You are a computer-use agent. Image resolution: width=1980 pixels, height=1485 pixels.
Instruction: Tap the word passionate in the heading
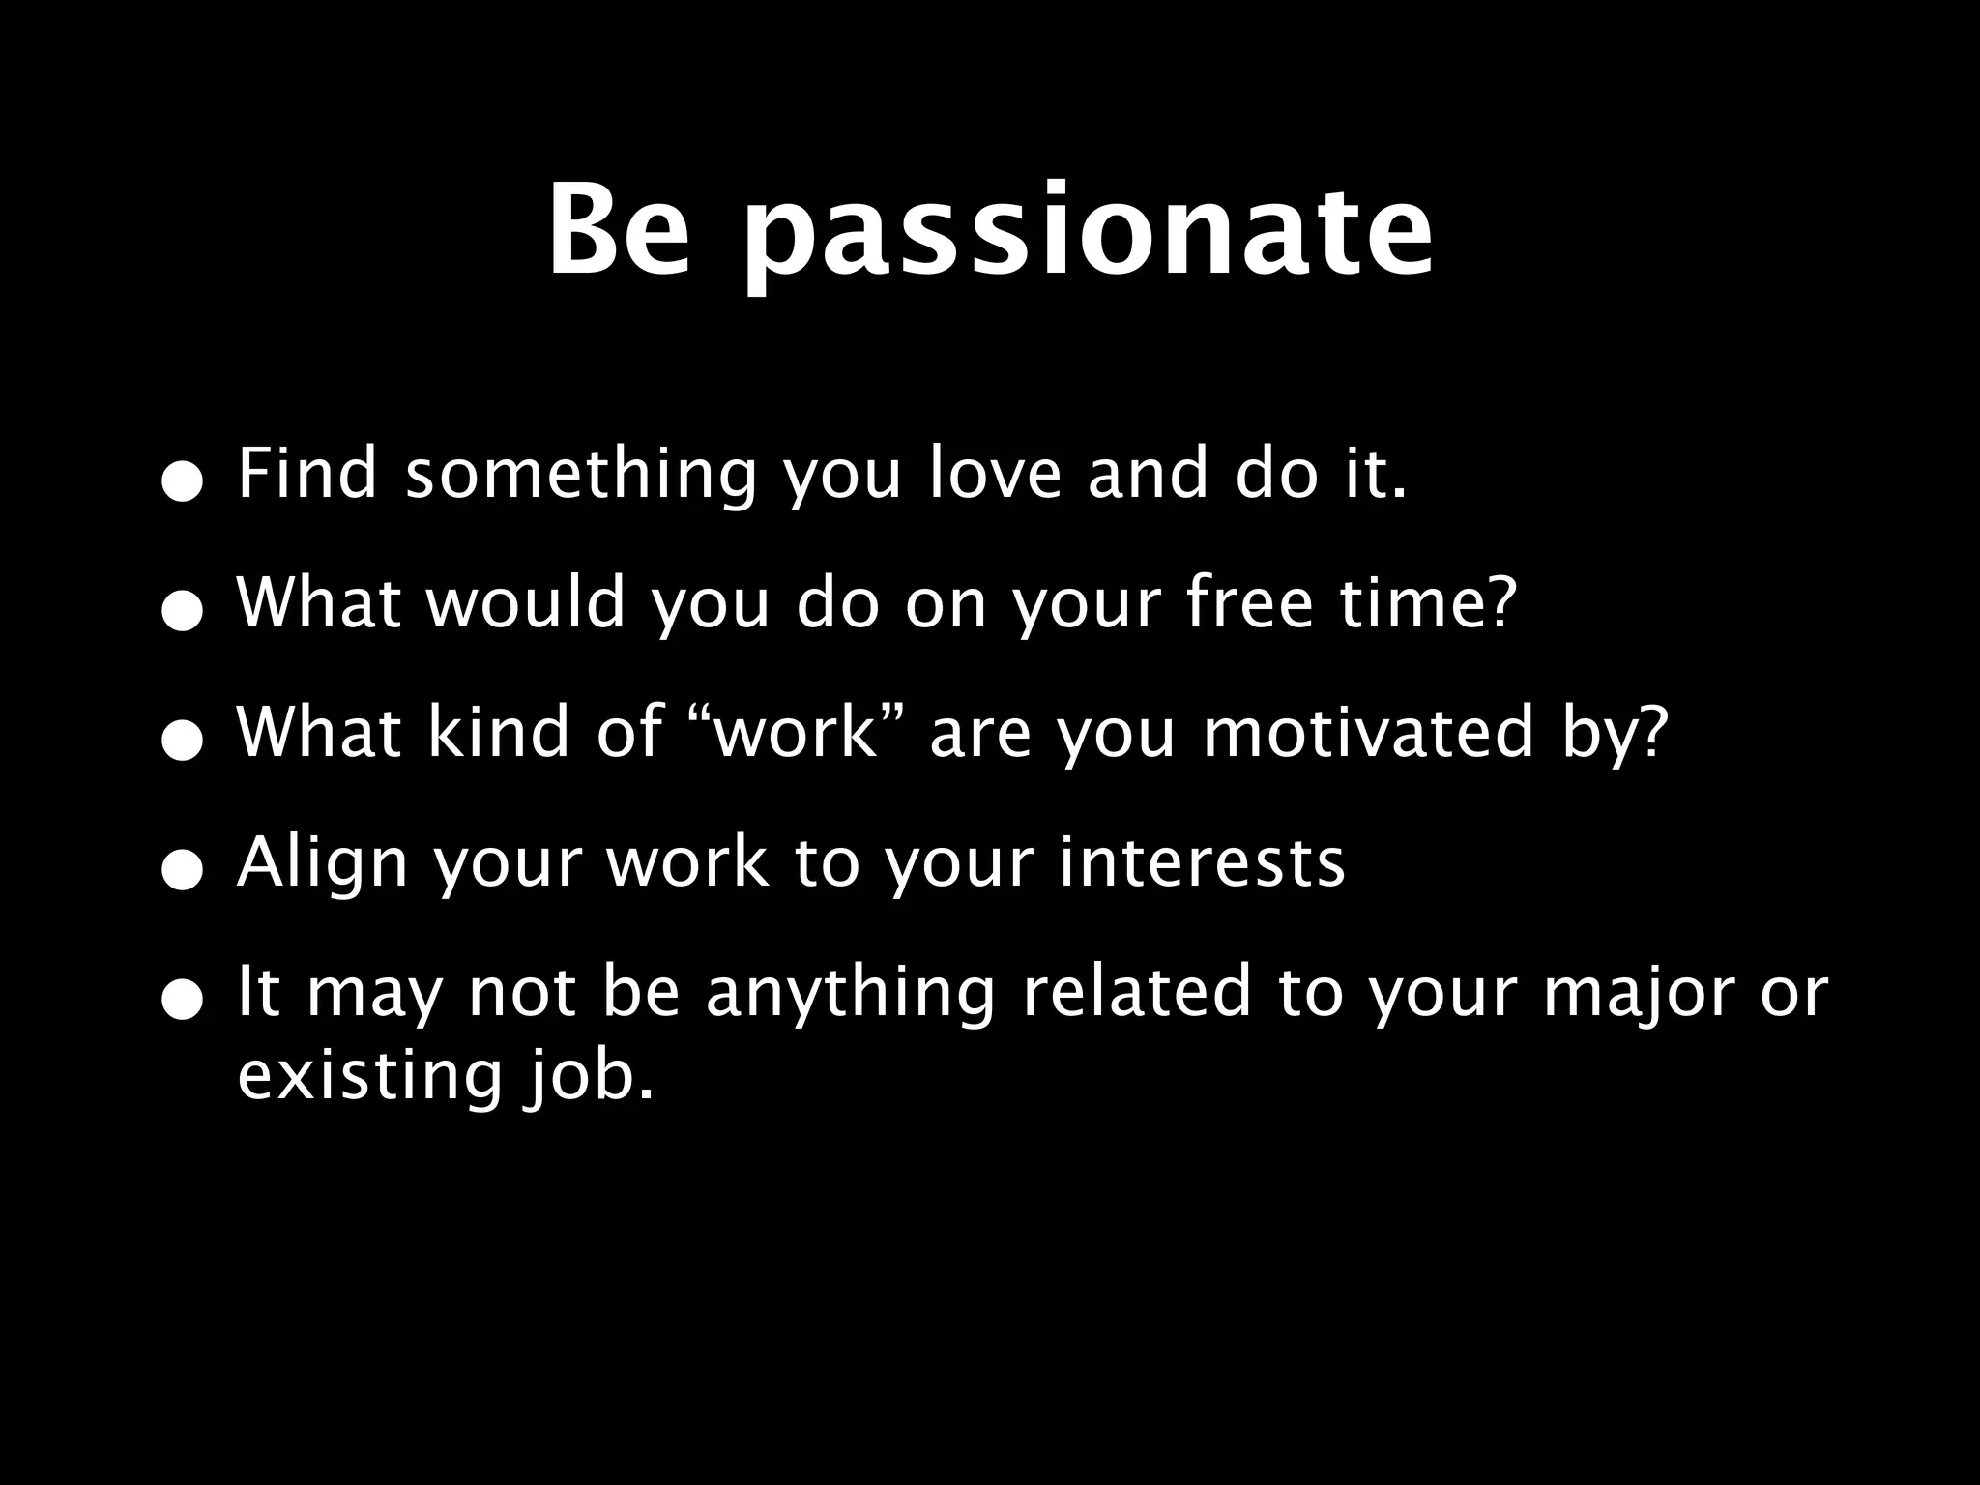coord(1088,237)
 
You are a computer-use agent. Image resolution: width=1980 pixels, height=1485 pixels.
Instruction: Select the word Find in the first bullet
coord(306,474)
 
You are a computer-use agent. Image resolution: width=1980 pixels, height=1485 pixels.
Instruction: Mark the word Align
coord(323,863)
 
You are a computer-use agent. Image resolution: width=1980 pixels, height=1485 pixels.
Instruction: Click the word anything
coord(850,994)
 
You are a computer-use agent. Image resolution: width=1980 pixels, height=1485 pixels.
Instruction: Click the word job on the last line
coord(588,1077)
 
